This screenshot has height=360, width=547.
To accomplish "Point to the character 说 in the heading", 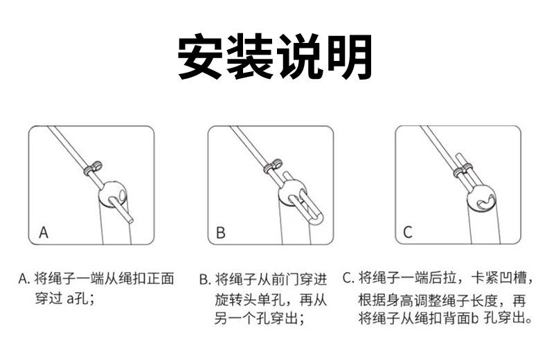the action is pos(300,57).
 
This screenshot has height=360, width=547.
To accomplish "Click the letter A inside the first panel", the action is pos(44,233).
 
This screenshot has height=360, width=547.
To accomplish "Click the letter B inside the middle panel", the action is pos(221,233).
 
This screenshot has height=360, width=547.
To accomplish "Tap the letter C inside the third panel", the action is pos(407,233).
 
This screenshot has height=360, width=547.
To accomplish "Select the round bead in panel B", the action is pos(292,193).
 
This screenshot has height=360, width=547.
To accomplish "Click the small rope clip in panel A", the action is pos(93,168).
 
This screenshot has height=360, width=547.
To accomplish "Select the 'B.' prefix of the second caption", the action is pos(205,280).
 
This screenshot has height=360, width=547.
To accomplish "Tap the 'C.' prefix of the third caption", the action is pos(348,278).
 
